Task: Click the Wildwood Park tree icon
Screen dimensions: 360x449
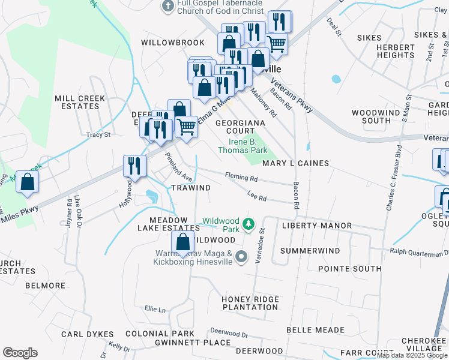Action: (248, 225)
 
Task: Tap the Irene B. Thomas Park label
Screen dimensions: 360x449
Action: (248, 146)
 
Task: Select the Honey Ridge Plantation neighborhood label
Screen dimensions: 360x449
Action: (250, 303)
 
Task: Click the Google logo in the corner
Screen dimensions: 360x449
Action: (20, 353)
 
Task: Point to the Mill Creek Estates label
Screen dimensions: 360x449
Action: (80, 102)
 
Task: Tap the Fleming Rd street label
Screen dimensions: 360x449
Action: (241, 178)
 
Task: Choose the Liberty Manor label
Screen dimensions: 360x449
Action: (317, 226)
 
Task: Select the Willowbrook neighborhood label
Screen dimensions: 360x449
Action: (165, 43)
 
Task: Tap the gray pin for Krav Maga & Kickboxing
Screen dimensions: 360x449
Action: (241, 257)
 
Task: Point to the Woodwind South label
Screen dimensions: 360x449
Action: (380, 116)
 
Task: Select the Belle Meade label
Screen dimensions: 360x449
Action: (315, 330)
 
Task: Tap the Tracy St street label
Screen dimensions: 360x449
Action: (98, 135)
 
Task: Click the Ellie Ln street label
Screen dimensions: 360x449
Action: (155, 310)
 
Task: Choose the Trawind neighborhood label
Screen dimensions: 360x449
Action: (191, 188)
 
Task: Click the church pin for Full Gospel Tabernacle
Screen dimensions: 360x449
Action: (167, 6)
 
